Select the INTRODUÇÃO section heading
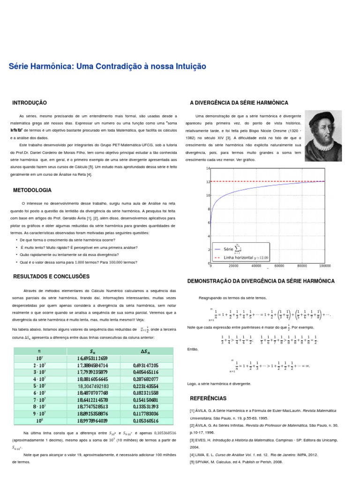(30, 103)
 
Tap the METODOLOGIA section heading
(32, 190)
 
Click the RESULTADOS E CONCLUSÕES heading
(51, 277)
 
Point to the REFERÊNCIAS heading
(208, 398)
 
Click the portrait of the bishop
(323, 136)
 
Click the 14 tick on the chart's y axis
(208, 168)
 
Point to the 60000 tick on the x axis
(279, 266)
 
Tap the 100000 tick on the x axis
(324, 266)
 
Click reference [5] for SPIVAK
(230, 461)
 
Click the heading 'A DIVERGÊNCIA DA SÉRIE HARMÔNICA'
(239, 103)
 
